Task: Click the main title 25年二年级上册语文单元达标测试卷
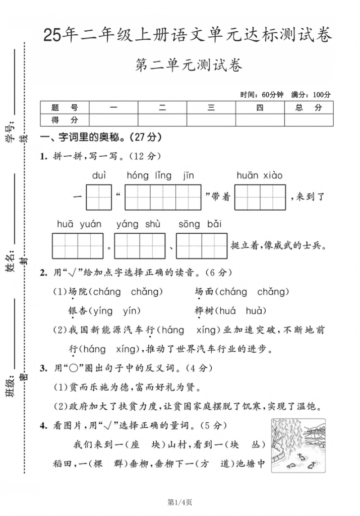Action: [x=188, y=35]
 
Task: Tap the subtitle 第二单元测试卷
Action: [x=189, y=66]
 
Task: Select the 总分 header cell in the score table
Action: [x=309, y=107]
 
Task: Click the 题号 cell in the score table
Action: [x=65, y=107]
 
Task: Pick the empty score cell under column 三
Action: [x=211, y=120]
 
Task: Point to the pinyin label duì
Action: [x=99, y=176]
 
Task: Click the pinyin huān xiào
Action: [x=260, y=176]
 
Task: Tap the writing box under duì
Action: [x=99, y=197]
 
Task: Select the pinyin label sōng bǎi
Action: [x=200, y=224]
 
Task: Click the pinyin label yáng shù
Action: [x=138, y=224]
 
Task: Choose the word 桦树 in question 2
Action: [x=204, y=311]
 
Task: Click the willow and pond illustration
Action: [x=298, y=445]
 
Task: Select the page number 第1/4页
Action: [x=180, y=501]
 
